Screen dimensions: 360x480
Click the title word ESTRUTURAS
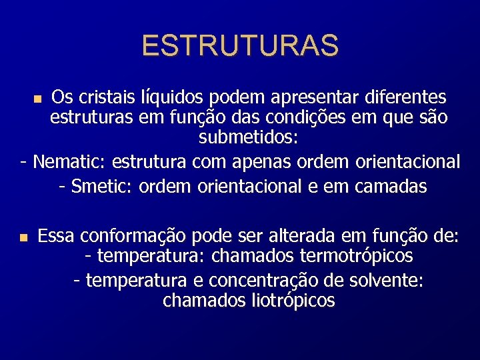click(240, 46)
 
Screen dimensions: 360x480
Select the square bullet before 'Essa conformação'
click(23, 237)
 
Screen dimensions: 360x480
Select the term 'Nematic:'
click(70, 161)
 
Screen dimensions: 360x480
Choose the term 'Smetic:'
click(102, 186)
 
